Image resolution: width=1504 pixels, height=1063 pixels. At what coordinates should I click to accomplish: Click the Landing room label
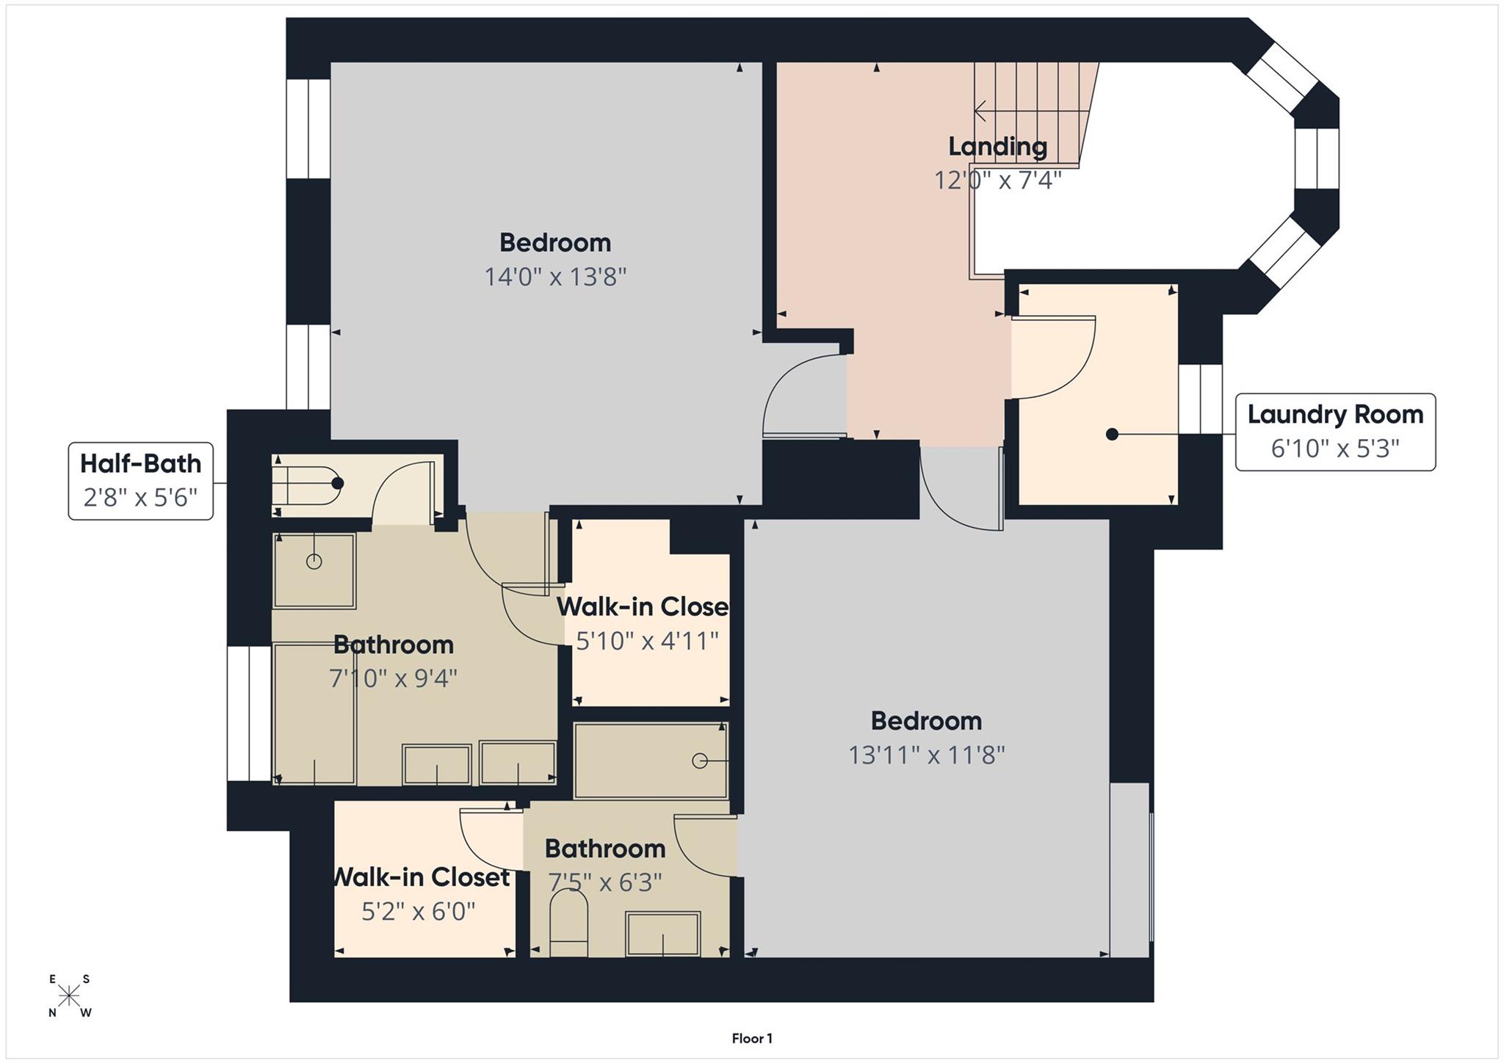[997, 146]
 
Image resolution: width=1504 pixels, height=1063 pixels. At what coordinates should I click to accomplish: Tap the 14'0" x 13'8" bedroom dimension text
[555, 277]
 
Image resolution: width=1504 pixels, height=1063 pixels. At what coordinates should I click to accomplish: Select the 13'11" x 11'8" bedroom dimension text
[926, 755]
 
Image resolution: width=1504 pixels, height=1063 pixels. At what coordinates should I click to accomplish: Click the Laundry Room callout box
[1334, 432]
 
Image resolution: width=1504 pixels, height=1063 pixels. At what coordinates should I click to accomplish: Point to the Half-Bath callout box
[141, 481]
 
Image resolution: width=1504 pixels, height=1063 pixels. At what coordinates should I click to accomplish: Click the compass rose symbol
[70, 996]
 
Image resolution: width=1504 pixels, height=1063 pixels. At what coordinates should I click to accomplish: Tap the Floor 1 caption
[752, 1038]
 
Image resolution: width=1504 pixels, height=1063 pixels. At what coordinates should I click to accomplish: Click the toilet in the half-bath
[308, 484]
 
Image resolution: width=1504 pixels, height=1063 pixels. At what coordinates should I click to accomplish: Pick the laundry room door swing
[1054, 358]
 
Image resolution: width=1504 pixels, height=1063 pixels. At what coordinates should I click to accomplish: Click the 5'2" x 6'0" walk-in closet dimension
[419, 911]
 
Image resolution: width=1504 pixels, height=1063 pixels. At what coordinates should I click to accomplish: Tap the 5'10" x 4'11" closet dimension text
[647, 641]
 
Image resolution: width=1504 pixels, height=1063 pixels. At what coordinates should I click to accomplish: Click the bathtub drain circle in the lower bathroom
[700, 761]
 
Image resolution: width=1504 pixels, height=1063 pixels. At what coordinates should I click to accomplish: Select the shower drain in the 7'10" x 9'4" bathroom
[314, 562]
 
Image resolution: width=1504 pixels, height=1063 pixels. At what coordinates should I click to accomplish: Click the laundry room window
[1201, 399]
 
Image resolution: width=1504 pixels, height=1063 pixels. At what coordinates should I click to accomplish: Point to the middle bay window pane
[1317, 159]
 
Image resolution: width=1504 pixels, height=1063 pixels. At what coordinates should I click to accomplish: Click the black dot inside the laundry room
[1112, 434]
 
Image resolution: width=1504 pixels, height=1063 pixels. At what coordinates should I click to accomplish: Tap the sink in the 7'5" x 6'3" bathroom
[662, 934]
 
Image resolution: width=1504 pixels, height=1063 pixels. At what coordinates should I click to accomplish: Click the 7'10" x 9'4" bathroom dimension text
[394, 678]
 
